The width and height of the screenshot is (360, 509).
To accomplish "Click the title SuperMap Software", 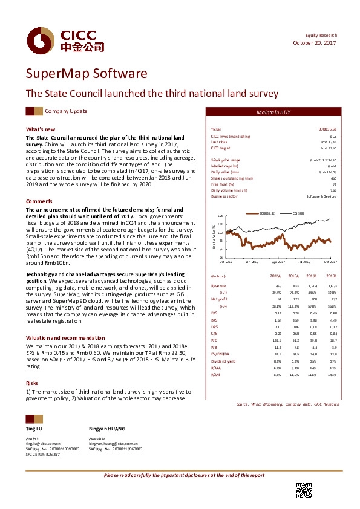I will coord(87,74).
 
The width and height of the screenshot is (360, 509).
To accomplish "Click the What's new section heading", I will coord(41,129).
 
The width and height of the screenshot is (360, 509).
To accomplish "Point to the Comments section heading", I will coord(39,200).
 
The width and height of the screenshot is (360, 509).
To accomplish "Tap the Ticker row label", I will coord(216,129).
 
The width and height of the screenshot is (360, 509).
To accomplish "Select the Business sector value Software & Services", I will coord(321,196).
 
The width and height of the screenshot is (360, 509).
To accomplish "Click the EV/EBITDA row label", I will coord(220,354).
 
